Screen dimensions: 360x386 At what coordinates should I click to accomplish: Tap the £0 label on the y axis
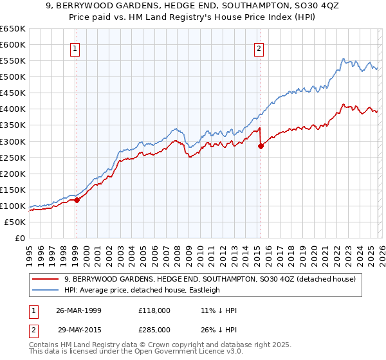[20, 238]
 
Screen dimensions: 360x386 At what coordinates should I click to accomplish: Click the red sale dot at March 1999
[77, 200]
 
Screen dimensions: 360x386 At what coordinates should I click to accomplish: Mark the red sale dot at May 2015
[261, 146]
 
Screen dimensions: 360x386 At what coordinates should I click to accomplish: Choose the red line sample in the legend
[45, 279]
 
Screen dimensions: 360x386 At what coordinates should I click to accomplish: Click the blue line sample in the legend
[45, 290]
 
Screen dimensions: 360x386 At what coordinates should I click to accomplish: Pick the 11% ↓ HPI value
[219, 310]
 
